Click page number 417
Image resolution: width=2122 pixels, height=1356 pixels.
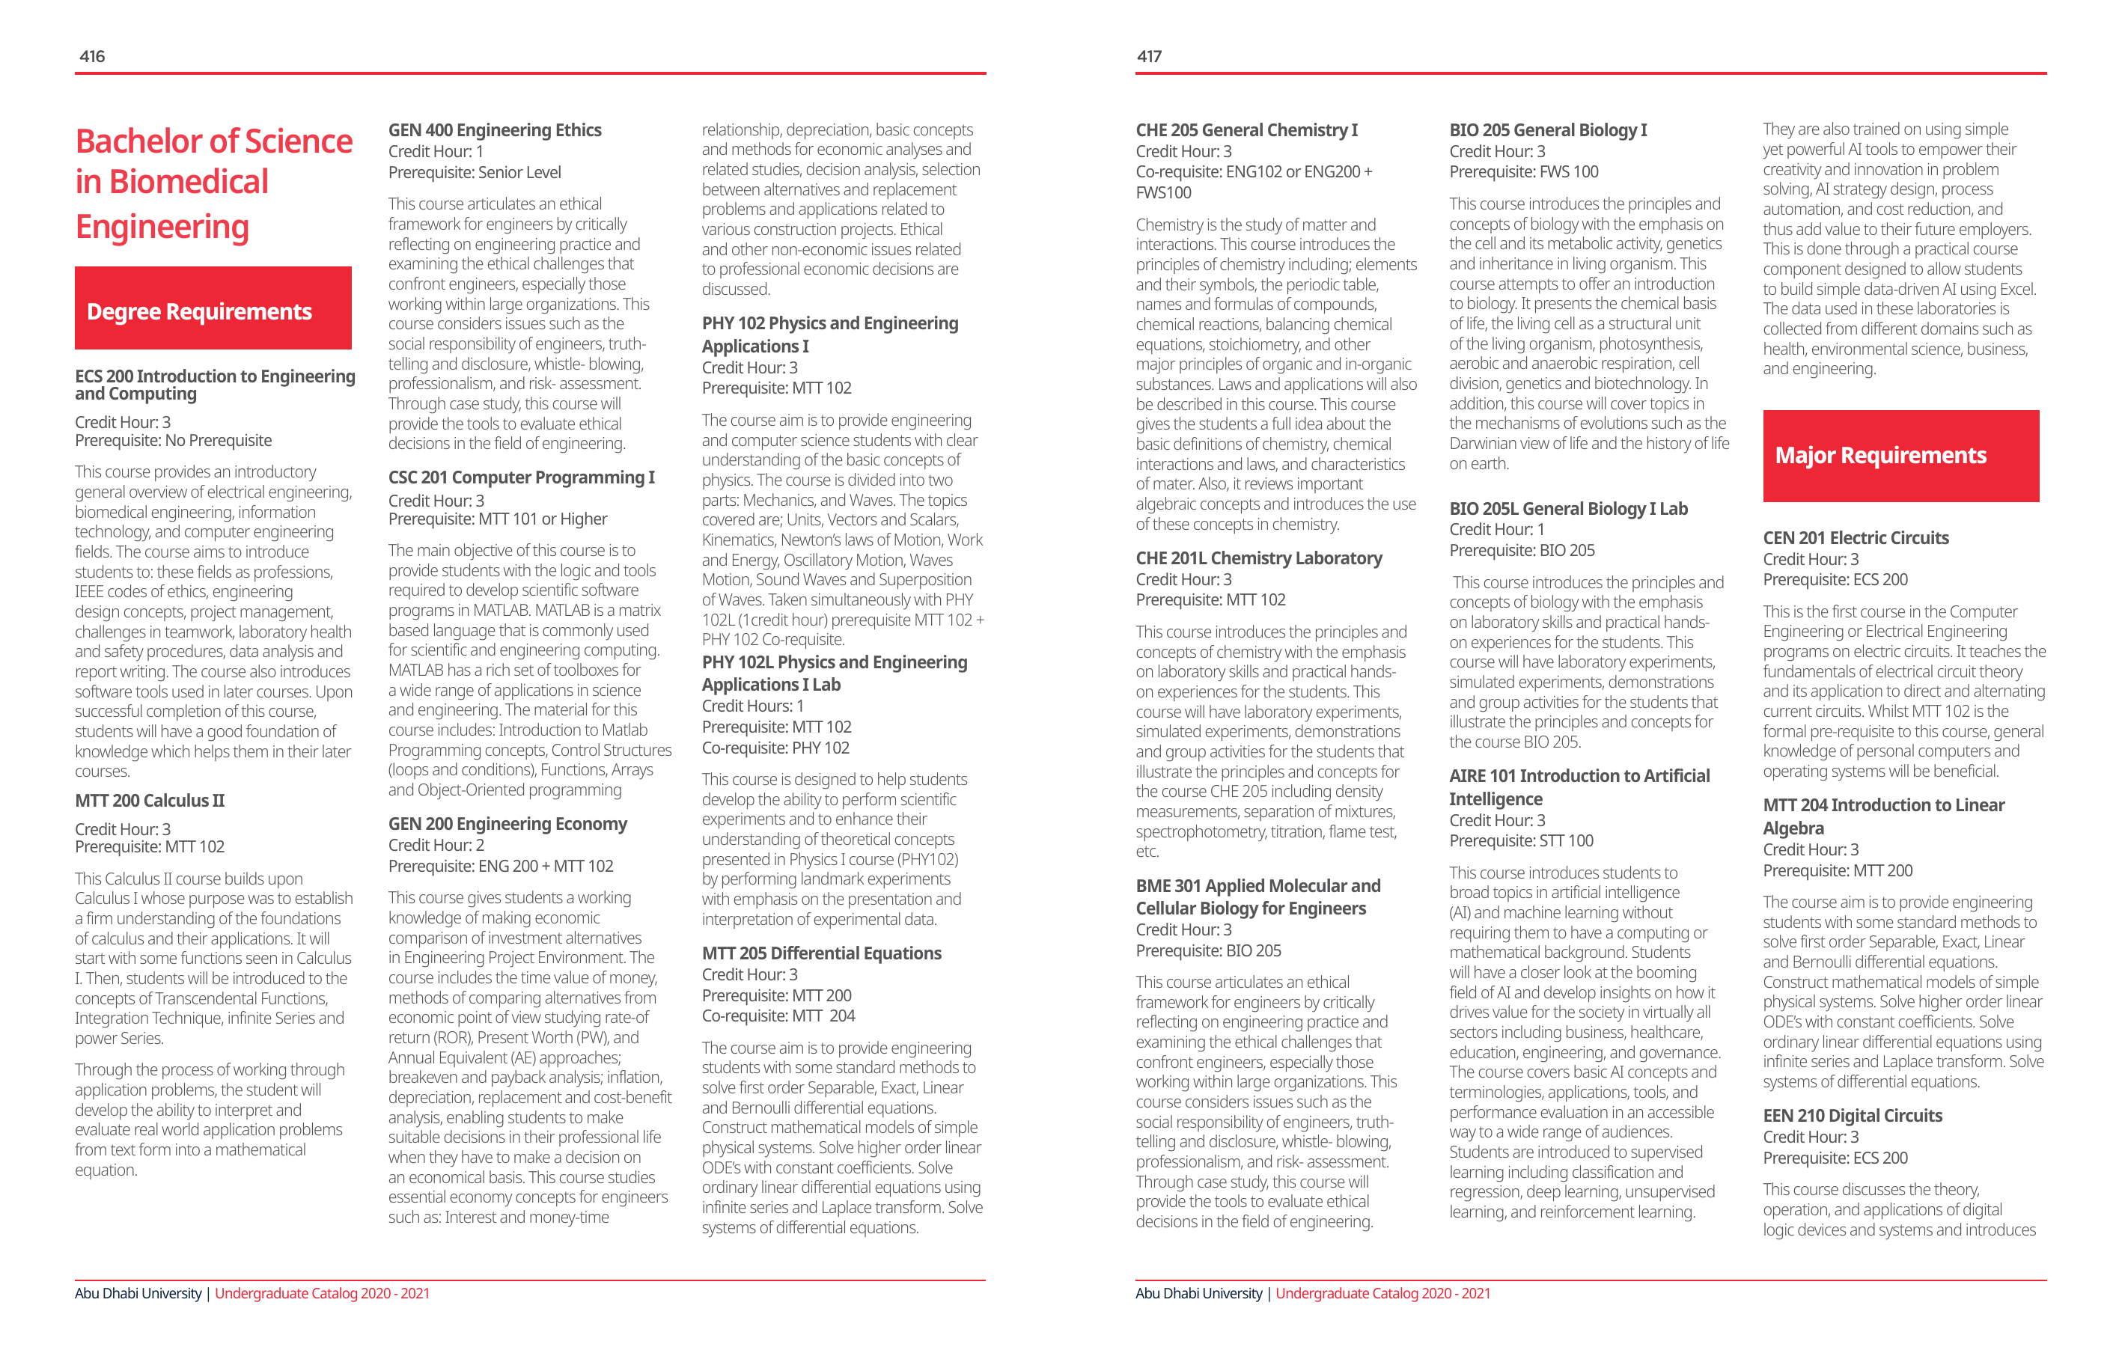[x=1148, y=56]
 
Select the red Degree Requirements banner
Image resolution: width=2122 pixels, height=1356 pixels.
[x=213, y=309]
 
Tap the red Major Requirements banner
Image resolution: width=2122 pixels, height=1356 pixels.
[x=1900, y=456]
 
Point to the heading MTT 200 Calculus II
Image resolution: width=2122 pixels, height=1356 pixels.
[x=150, y=801]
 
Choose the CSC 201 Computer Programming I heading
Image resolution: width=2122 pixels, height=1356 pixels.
[x=521, y=477]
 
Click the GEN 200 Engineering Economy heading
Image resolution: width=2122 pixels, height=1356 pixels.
[x=507, y=824]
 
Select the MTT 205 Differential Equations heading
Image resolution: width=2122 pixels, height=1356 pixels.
[x=821, y=953]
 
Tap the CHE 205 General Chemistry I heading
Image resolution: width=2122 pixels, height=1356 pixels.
[x=1246, y=130]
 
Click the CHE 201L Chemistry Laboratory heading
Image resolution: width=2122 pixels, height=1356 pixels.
[x=1258, y=558]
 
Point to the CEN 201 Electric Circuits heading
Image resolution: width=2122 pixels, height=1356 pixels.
[x=1855, y=538]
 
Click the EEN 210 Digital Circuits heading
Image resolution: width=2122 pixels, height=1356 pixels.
[x=1853, y=1116]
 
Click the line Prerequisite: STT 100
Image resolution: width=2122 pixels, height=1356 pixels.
[x=1521, y=840]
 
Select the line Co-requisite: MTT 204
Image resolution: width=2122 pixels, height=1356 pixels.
[x=778, y=1016]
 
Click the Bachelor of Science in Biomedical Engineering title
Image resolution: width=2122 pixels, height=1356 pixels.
[x=213, y=183]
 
